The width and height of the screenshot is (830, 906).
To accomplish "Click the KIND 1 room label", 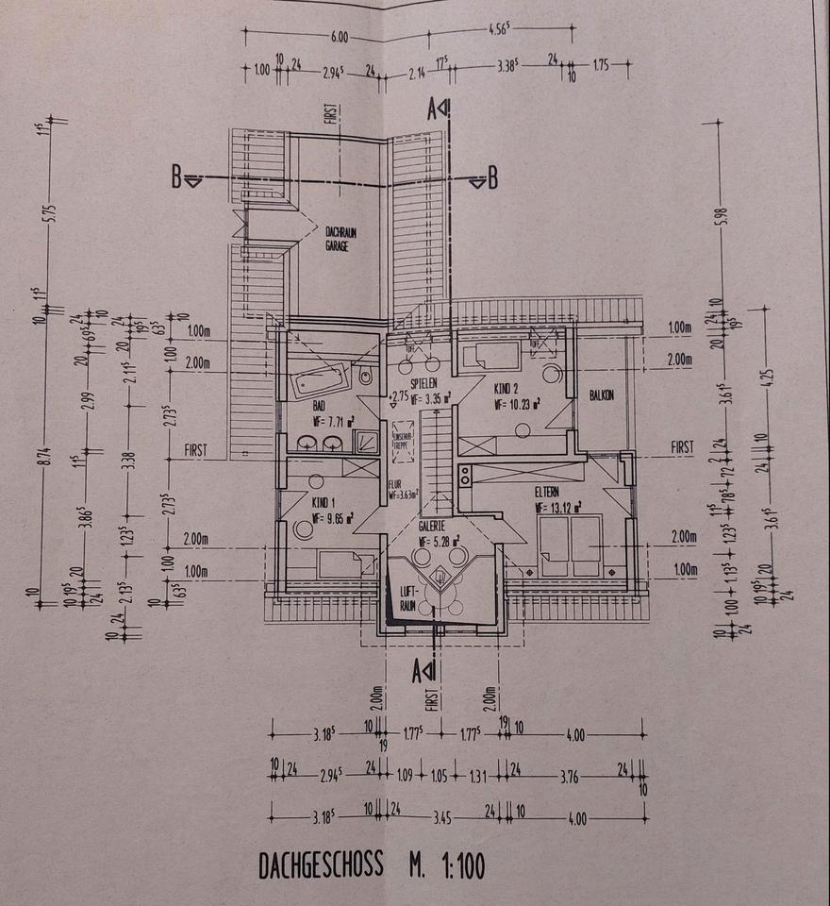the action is (324, 504).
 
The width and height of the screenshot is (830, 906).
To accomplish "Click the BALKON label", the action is (602, 395).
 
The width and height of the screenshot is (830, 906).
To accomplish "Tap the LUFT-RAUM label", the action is (407, 594).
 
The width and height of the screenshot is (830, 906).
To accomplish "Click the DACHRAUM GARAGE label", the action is (338, 237).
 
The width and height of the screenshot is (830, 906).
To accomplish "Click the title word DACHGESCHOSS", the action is (321, 866).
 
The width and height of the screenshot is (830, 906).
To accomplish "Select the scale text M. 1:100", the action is (446, 866).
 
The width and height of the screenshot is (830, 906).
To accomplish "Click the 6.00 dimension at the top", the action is (340, 38).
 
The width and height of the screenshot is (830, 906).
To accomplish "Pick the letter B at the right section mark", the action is (491, 177).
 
